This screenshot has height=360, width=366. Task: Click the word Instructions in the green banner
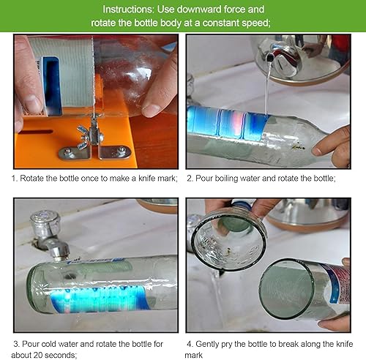tap(128, 10)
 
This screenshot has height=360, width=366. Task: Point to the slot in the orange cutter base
tap(36, 132)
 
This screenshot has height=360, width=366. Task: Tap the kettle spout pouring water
tap(269, 58)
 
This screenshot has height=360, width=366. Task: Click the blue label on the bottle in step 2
tap(227, 124)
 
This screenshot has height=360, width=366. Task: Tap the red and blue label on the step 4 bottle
tap(338, 283)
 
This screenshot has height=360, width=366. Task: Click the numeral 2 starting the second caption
tap(190, 179)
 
